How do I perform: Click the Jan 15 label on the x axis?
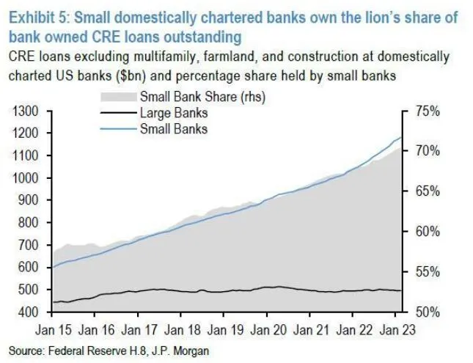tap(56, 329)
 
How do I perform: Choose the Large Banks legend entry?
tap(173, 114)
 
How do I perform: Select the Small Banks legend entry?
tap(173, 128)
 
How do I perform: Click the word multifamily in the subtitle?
tap(181, 56)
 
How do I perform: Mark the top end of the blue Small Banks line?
tap(401, 137)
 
